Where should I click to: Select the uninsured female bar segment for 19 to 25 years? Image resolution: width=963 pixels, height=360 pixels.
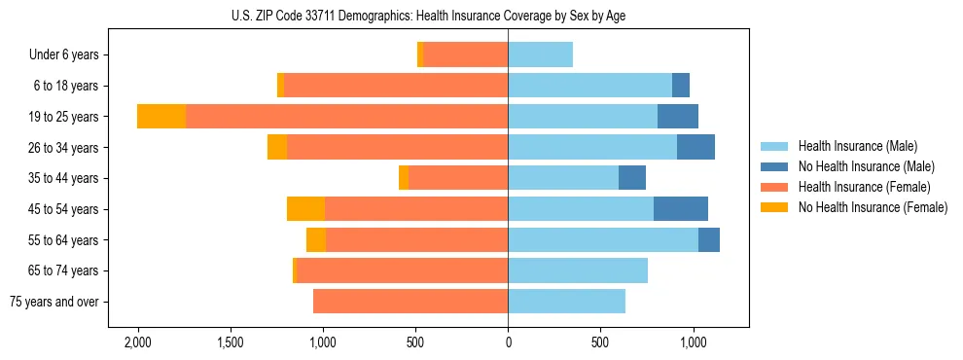point(161,117)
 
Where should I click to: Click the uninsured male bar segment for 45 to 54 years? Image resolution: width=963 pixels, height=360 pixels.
point(681,209)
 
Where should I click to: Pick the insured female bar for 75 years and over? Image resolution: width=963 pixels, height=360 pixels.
point(410,302)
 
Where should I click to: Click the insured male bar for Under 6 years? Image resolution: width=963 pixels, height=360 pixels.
point(540,54)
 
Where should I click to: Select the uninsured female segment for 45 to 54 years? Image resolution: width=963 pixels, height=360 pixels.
point(305,209)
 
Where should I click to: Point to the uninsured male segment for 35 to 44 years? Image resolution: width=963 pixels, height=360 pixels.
point(632,178)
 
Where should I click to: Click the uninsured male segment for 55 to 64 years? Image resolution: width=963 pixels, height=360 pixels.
point(709,240)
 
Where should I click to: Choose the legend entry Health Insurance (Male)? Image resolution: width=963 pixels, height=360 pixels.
point(857,146)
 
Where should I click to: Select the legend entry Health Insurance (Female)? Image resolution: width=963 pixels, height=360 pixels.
point(864,187)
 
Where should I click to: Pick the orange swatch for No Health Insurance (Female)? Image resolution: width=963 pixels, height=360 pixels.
point(774,207)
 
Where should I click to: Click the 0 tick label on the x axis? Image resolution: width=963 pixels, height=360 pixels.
point(508,343)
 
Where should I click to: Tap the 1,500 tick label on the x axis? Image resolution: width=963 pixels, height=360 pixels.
point(231,343)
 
